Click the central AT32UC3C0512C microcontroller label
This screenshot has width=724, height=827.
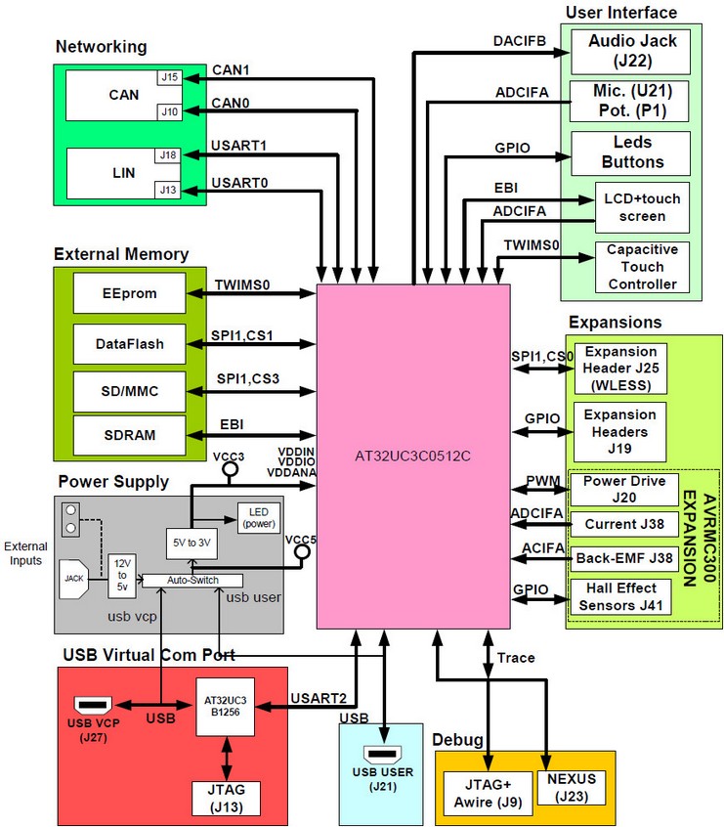tap(412, 456)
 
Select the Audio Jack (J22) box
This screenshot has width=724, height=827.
tap(632, 51)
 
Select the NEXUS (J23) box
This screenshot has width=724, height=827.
tap(572, 787)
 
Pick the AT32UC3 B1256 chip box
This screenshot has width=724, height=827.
tap(225, 705)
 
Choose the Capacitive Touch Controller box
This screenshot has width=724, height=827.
tap(642, 267)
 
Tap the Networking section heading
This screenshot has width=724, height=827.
tap(101, 46)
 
